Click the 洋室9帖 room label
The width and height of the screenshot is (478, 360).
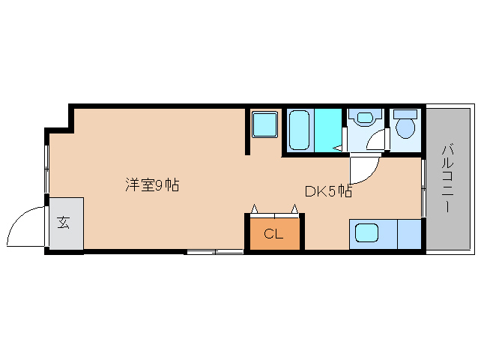click(152, 184)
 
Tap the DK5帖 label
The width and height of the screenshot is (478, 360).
click(329, 191)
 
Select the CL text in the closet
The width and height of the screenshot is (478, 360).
click(273, 234)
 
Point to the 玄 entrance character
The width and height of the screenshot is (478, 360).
click(64, 223)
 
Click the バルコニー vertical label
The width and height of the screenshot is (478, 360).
click(447, 179)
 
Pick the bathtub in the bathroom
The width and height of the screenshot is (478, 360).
click(299, 130)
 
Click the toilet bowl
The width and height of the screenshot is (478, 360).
click(405, 129)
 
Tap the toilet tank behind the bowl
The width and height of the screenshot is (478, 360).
click(405, 115)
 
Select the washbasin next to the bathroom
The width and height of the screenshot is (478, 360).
click(365, 118)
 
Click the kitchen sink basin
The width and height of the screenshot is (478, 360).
click(366, 232)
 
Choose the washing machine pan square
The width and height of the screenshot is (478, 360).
click(264, 124)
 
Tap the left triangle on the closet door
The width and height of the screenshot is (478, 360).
click(254, 208)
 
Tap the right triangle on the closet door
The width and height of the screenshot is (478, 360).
click(294, 208)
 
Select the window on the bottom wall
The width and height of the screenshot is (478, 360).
click(215, 252)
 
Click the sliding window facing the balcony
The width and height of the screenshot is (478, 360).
click(423, 187)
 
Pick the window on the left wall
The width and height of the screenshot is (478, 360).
click(46, 169)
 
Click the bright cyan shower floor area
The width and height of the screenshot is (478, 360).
click(327, 130)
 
